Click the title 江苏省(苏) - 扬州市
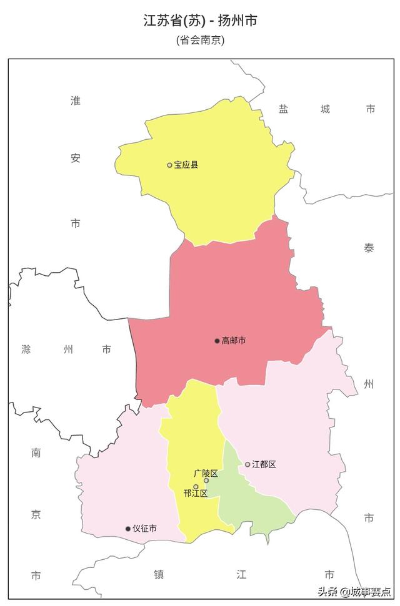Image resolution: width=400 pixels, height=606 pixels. click(200, 21)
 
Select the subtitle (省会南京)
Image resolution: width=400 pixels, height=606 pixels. click(200, 40)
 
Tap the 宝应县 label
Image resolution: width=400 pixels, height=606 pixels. click(186, 165)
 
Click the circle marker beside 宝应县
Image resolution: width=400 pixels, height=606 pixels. click(169, 165)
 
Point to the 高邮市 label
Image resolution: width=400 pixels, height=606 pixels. click(234, 341)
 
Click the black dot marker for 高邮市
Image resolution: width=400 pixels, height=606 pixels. click(217, 341)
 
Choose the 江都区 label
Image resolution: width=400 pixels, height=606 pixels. click(264, 464)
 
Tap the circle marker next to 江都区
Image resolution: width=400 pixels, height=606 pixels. click(247, 464)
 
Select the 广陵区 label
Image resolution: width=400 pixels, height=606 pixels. click(206, 473)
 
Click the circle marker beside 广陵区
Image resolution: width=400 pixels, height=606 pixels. click(206, 481)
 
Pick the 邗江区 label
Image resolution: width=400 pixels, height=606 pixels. click(196, 494)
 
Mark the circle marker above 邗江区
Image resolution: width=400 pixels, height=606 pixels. click(196, 487)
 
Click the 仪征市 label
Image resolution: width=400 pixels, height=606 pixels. click(144, 529)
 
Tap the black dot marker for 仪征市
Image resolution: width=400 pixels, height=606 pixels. click(128, 529)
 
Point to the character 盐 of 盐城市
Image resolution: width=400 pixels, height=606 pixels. click(284, 109)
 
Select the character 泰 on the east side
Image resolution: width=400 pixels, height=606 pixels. click(369, 248)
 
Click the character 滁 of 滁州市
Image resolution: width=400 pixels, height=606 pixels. click(26, 349)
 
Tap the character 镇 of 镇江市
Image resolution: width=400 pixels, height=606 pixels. click(159, 575)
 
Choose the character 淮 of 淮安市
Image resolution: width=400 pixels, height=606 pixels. click(76, 100)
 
